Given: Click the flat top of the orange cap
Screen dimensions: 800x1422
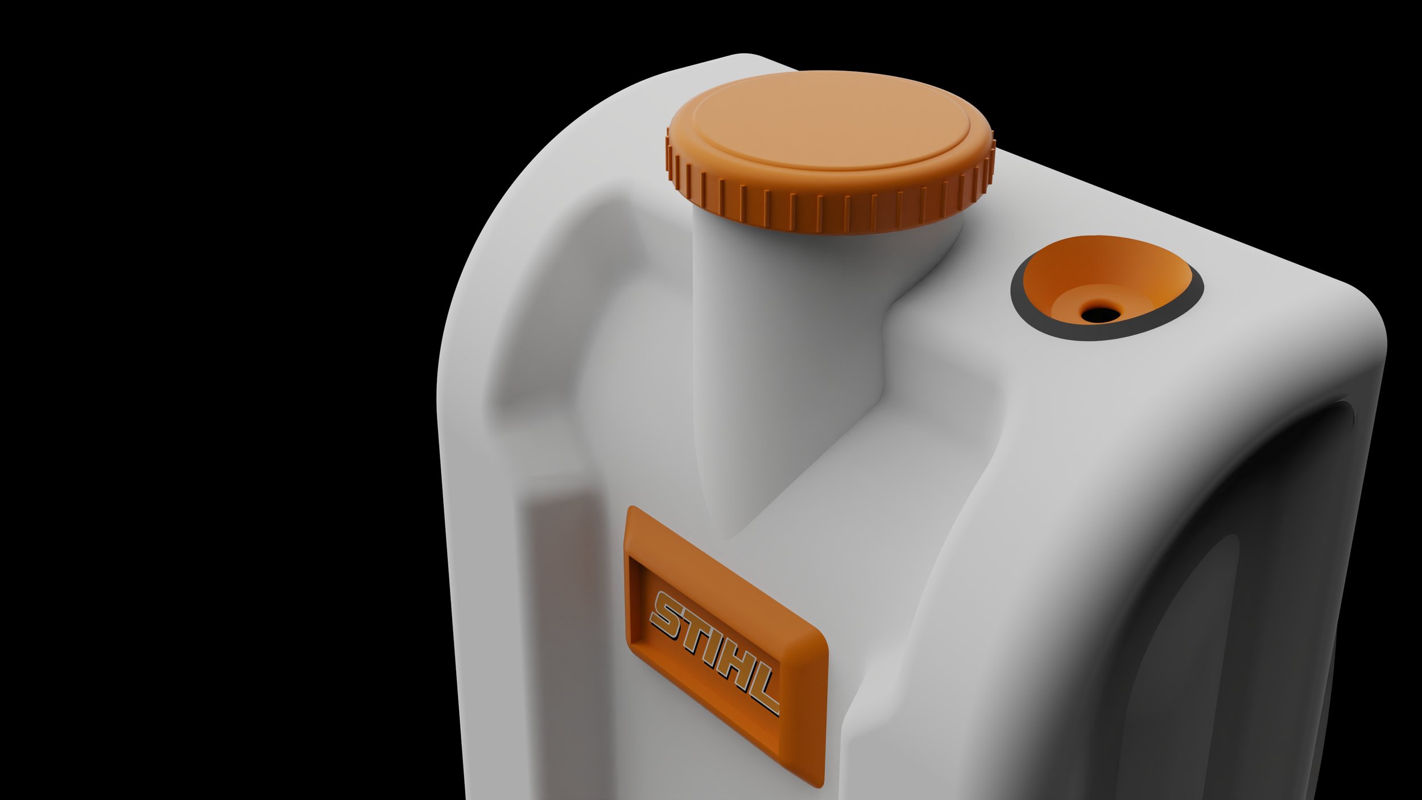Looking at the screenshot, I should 830,119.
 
